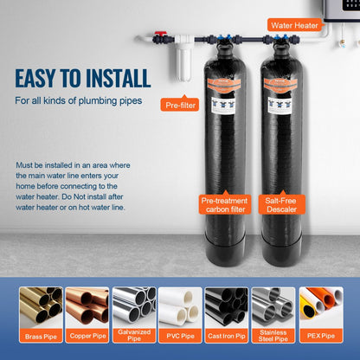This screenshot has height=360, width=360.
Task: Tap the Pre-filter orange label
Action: coord(185,105)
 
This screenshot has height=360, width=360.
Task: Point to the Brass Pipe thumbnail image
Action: coord(40,306)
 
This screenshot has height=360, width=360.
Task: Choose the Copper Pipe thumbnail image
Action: coord(87,306)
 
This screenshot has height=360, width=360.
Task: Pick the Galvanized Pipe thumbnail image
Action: coord(133,306)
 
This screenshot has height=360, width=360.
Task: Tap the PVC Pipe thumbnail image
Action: coord(180,306)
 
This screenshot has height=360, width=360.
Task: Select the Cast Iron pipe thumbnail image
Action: coord(227,306)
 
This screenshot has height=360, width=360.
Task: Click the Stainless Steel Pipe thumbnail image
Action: coord(273,306)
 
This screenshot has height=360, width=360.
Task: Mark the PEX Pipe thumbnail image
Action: coord(320,306)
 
